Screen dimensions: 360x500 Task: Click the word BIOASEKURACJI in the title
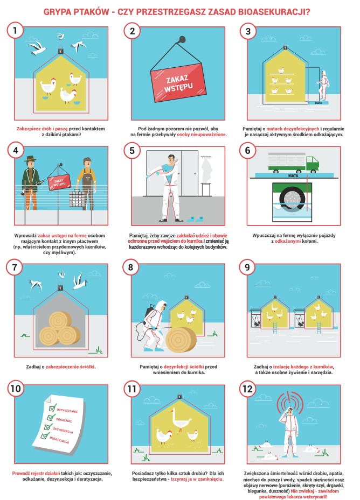click(274, 12)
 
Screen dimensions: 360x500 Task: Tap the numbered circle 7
click(15, 267)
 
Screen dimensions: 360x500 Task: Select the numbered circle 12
click(247, 389)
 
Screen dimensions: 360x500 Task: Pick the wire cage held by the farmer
click(77, 199)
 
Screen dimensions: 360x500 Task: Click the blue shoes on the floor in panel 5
click(195, 219)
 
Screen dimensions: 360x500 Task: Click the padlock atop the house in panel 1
click(61, 51)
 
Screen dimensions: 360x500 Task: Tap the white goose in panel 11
click(181, 419)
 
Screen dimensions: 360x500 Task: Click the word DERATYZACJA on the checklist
click(59, 440)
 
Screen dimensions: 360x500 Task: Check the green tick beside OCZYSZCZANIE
click(52, 407)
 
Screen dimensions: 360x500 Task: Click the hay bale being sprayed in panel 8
click(181, 340)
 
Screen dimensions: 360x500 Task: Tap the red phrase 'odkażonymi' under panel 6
click(287, 241)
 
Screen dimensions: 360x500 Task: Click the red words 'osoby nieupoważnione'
click(202, 135)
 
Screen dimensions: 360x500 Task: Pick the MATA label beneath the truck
click(293, 175)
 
